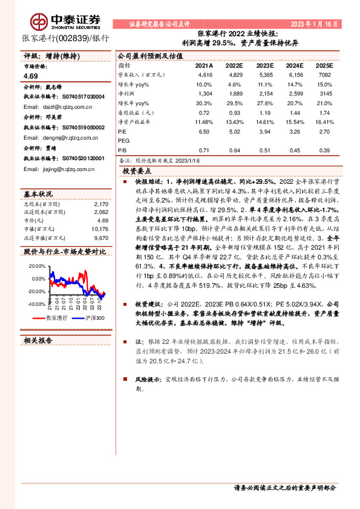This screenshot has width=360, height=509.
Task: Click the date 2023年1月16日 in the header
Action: pyautogui.click(x=314, y=24)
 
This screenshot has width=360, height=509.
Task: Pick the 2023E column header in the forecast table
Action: pyautogui.click(x=265, y=65)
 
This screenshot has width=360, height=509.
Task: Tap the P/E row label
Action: pyautogui.click(x=122, y=130)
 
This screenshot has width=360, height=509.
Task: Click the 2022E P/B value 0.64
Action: pyautogui.click(x=234, y=150)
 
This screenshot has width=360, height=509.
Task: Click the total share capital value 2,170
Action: pyautogui.click(x=102, y=204)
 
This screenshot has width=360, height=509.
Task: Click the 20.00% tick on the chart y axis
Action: pyautogui.click(x=37, y=265)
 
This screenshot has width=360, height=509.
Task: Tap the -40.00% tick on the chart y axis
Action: pyautogui.click(x=36, y=305)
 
